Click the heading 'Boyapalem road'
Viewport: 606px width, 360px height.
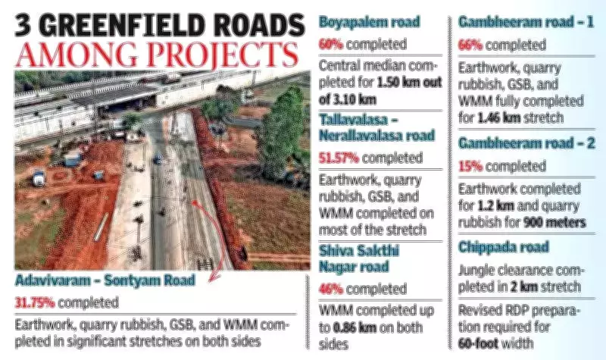[x=368, y=23]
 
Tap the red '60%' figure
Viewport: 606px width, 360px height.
[x=330, y=44]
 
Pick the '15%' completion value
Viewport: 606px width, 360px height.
[x=472, y=164]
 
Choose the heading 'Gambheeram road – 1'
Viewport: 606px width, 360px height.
[x=522, y=23]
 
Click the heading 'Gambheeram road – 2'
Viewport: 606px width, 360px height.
[x=522, y=143]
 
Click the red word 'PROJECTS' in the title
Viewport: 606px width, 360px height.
[x=223, y=57]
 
